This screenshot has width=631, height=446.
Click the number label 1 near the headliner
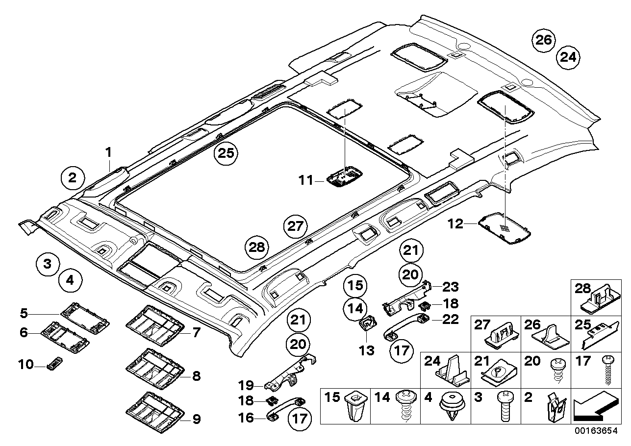[x=109, y=153]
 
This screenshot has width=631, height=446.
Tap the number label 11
[x=307, y=181]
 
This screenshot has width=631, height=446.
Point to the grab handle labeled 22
[x=408, y=326]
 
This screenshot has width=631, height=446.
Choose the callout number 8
[x=196, y=376]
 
